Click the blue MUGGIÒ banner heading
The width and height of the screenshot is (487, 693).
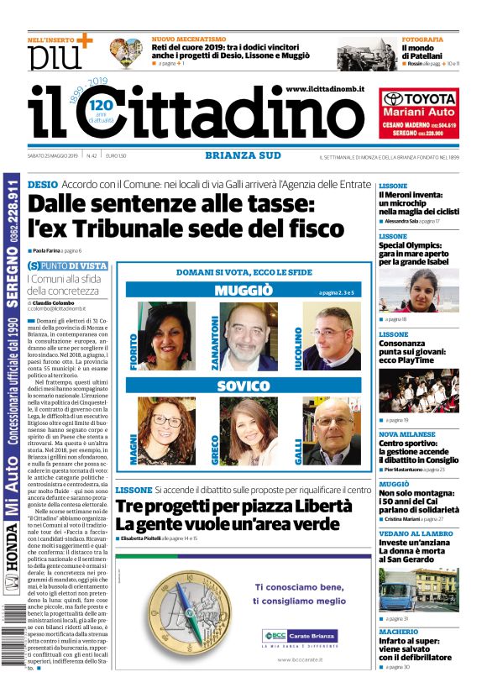(x=243, y=291)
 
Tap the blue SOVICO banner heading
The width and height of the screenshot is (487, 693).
(x=243, y=386)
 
